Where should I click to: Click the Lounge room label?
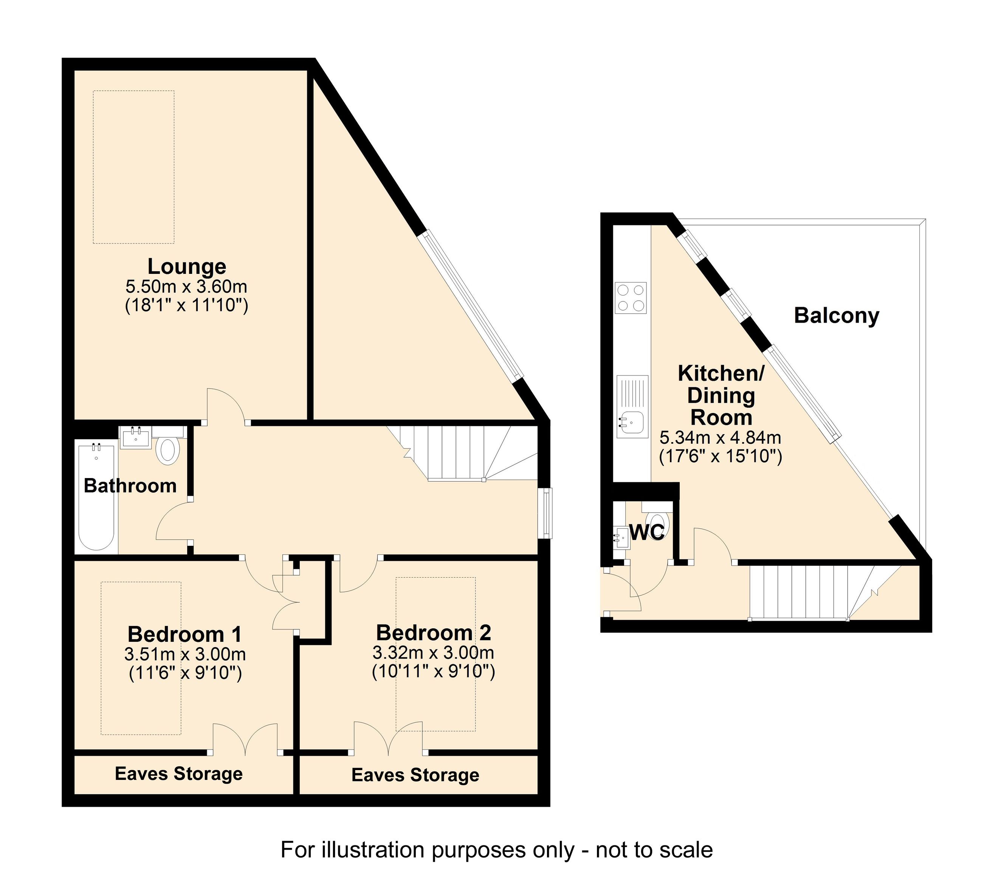187,267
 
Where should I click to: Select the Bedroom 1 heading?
184,634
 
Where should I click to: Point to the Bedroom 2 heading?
434,633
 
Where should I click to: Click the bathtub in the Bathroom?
97,496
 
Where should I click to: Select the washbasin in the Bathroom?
136,437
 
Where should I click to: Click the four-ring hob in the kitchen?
631,298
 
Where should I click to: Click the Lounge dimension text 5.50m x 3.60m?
186,286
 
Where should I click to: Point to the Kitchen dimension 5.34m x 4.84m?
720,437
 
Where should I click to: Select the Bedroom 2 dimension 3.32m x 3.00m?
434,653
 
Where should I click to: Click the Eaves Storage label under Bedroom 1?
179,773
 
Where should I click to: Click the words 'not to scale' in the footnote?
654,850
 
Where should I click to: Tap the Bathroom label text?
130,486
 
